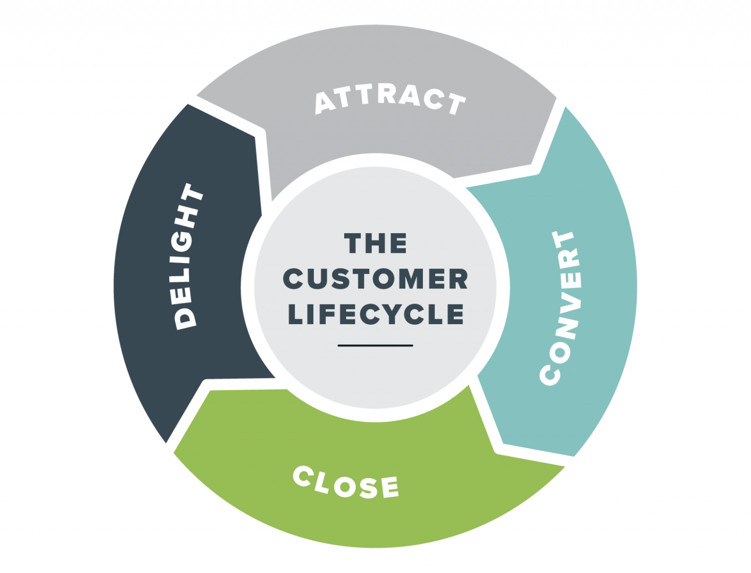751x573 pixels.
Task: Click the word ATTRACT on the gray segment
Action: pos(390,100)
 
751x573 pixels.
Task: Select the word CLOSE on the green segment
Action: pos(346,483)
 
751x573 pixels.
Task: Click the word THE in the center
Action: pos(375,243)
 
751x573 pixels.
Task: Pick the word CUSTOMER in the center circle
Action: pos(375,279)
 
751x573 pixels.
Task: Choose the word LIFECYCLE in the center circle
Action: pos(375,314)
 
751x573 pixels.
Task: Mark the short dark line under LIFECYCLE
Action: pos(375,346)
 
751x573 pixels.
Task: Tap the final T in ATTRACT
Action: pos(457,104)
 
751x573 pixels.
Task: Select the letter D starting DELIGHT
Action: pos(186,317)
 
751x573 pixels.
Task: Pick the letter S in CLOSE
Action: pos(367,487)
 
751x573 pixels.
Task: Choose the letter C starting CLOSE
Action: pos(303,476)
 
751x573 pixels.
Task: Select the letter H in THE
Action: pos(375,243)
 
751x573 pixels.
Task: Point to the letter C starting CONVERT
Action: pos(550,375)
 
